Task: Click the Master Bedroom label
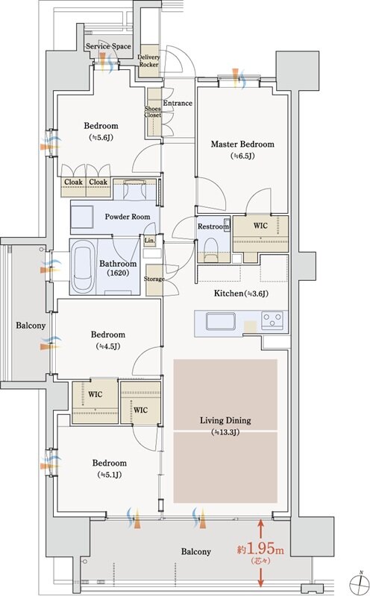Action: (x=242, y=145)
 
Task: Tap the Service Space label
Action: (x=108, y=46)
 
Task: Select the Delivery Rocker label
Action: (x=149, y=61)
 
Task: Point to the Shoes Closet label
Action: (x=153, y=112)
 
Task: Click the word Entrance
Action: (x=178, y=103)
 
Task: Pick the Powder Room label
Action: (x=128, y=217)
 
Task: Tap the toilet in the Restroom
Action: (x=210, y=249)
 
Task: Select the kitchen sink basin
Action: (x=220, y=321)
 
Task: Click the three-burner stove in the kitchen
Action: (x=272, y=319)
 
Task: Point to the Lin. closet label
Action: (x=150, y=241)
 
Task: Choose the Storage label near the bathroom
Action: (x=154, y=279)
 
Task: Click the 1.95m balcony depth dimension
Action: (x=261, y=550)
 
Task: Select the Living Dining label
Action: (x=225, y=420)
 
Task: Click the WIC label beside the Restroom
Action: (x=260, y=226)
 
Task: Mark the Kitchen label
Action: (x=242, y=294)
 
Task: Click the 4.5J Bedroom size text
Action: (x=108, y=346)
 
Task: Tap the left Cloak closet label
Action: (x=73, y=183)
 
